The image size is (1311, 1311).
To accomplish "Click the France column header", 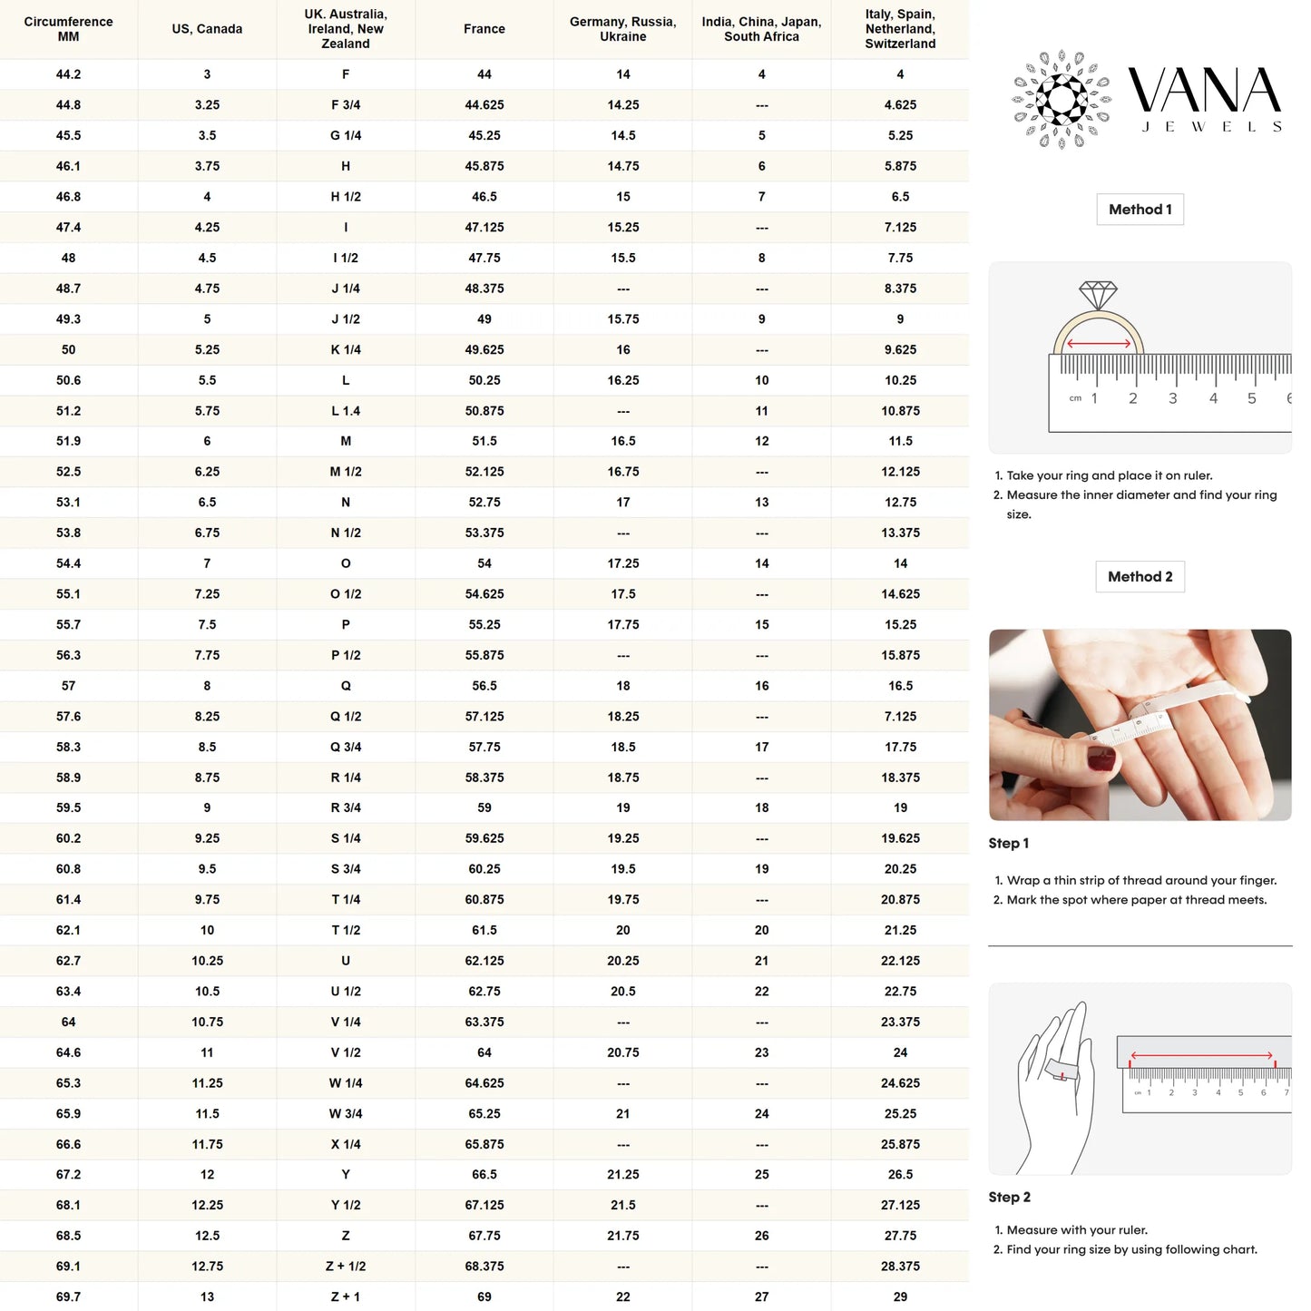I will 484,29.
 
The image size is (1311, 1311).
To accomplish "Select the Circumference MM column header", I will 68,29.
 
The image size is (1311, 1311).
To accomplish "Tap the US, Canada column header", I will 207,29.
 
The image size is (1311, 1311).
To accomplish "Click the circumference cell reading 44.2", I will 68,74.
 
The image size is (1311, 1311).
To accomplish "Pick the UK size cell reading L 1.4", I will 346,411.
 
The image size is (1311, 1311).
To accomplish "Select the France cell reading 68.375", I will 484,1267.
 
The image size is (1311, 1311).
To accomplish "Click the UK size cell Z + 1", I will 346,1297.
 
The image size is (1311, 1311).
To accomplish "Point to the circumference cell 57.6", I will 68,717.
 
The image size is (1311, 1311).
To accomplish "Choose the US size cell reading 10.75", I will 207,1022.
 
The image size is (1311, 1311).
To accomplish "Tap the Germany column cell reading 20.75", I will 623,1052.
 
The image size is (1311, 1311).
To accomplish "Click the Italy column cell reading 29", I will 900,1297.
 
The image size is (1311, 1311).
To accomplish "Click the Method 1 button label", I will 1140,210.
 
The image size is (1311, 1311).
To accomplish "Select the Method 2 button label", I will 1140,577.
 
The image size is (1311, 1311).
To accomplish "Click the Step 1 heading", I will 1008,844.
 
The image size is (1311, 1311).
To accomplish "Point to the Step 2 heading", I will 1009,1198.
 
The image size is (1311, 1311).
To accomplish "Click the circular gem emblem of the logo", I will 1062,99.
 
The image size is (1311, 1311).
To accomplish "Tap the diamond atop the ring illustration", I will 1098,295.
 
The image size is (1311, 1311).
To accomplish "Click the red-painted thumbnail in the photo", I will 1101,758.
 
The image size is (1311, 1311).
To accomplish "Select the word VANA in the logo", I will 1204,91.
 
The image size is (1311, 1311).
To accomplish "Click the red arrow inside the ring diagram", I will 1099,344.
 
